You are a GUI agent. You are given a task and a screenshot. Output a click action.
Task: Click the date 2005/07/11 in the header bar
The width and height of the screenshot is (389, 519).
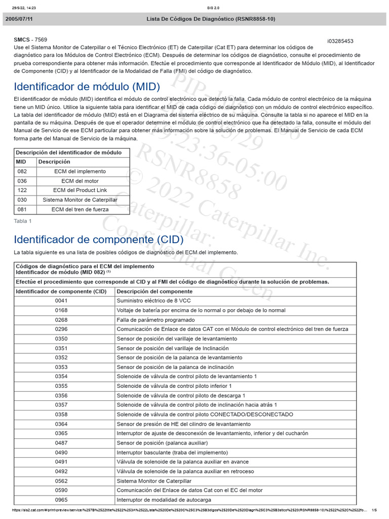(20, 19)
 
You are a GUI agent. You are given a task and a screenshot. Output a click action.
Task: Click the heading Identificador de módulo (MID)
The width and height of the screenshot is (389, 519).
(87, 86)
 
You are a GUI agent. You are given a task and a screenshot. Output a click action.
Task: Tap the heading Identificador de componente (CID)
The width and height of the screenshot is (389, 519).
(99, 239)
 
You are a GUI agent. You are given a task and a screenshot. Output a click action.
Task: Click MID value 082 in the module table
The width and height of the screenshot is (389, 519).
(22, 171)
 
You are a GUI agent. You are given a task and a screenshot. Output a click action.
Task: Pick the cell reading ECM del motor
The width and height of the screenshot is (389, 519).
(80, 181)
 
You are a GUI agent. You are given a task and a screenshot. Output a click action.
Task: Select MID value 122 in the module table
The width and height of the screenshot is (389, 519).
(22, 191)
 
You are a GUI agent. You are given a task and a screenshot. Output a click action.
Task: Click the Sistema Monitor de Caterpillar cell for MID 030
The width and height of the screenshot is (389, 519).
(80, 200)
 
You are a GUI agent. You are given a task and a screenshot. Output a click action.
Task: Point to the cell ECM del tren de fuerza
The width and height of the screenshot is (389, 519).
(80, 209)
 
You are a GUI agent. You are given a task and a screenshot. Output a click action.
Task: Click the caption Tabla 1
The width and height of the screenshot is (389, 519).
(23, 221)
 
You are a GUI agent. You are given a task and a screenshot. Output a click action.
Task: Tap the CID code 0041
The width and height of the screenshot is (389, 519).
(61, 301)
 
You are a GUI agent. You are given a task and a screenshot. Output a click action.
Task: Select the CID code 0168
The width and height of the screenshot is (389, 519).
(61, 310)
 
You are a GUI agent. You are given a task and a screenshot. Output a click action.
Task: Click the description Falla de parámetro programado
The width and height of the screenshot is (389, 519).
(155, 320)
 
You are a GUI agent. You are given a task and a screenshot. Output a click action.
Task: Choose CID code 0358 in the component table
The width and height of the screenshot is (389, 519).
(61, 414)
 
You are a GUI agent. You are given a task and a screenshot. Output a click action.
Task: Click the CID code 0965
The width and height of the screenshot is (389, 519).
(61, 500)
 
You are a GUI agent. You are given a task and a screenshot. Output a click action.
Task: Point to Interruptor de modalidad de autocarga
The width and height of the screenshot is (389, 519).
(164, 500)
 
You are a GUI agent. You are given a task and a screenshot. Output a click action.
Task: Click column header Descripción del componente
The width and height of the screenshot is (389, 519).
(154, 291)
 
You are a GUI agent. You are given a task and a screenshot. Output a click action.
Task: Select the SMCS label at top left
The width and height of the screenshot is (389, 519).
(22, 40)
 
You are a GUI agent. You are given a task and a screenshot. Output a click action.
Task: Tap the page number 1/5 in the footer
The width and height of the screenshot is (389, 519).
(374, 510)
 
